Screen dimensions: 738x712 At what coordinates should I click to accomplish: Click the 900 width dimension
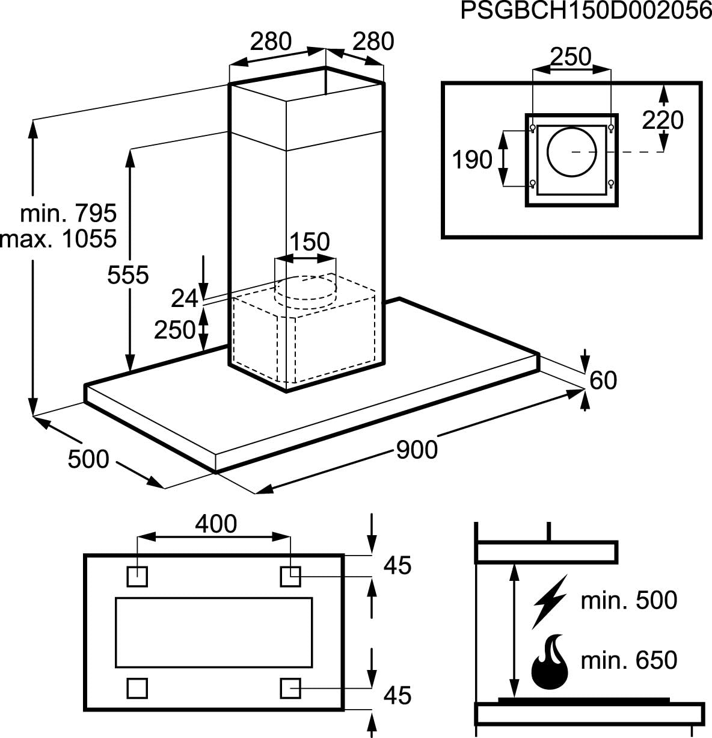pos(417,449)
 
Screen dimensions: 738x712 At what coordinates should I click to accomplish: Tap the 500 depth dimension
pos(88,459)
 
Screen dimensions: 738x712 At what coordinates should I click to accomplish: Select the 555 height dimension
pos(127,275)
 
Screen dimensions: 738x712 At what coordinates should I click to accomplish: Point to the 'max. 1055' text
pos(58,239)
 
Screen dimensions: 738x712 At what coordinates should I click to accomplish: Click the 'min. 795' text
pos(68,213)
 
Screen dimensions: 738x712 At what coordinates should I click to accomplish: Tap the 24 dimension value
pos(185,298)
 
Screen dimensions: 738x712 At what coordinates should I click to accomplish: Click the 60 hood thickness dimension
pos(603,380)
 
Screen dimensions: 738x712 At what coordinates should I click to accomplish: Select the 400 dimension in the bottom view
pos(216,524)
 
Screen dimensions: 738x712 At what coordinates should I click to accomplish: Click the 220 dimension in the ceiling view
pos(663,120)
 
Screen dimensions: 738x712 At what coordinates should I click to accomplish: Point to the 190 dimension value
pos(473,160)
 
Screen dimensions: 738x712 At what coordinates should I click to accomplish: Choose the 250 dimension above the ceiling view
pos(571,57)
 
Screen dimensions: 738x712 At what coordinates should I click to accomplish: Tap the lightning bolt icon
pos(550,601)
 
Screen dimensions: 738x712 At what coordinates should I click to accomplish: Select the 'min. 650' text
pos(628,660)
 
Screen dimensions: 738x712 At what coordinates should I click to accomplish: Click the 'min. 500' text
pos(628,600)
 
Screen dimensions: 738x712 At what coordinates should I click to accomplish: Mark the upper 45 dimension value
pos(397,565)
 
